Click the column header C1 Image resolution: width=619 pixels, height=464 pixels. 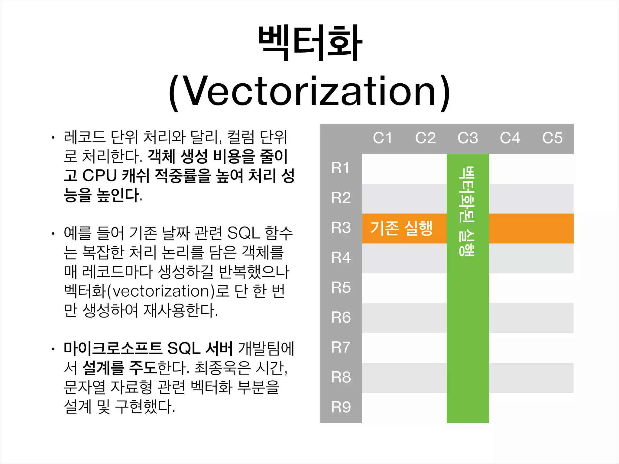click(383, 138)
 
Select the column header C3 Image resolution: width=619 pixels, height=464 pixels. click(468, 138)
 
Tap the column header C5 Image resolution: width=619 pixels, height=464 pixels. click(552, 138)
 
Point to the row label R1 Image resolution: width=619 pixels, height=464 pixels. click(340, 168)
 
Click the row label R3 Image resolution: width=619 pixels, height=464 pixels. click(341, 228)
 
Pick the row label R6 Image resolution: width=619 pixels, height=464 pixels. click(341, 317)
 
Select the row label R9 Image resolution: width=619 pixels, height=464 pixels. click(341, 407)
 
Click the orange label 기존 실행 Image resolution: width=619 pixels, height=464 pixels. click(401, 228)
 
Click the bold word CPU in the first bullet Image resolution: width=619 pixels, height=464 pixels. click(99, 176)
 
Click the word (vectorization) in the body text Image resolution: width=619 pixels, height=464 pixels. click(160, 291)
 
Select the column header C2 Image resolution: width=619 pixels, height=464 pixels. click(425, 138)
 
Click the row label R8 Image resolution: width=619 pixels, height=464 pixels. click(341, 377)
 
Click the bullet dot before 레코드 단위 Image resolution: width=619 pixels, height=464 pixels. click(53, 138)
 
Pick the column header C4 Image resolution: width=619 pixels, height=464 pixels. click(510, 138)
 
